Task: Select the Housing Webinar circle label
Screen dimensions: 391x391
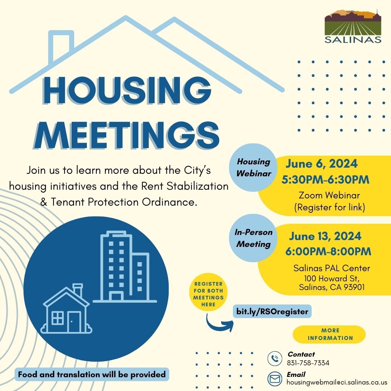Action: point(254,167)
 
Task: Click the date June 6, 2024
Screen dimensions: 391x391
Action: point(321,164)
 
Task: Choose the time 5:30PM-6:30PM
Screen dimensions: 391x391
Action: point(325,180)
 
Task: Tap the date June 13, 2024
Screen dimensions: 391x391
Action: point(325,236)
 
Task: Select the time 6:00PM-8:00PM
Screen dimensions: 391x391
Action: point(328,252)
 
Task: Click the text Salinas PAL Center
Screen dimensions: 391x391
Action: point(332,268)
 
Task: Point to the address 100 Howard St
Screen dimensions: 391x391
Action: point(331,278)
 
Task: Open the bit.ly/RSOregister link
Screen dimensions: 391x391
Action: point(272,311)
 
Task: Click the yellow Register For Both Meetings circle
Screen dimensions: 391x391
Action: point(208,294)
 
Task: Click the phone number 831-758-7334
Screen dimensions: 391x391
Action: point(308,363)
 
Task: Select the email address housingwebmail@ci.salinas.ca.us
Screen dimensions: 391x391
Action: point(337,382)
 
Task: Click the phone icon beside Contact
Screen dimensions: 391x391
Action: point(275,359)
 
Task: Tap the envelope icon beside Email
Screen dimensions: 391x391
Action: point(275,379)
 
